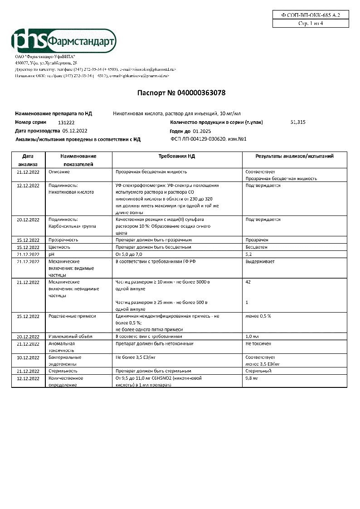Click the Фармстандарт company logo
63,41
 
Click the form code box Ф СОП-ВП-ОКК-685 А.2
311,15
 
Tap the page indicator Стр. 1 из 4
311,24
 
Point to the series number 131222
67,122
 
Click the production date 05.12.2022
75,131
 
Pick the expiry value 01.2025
196,131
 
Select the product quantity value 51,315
298,122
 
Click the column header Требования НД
176,156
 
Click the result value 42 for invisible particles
248,282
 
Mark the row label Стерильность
63,371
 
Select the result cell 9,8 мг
252,378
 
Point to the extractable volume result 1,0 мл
252,337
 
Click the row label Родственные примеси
72,316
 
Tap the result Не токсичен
258,344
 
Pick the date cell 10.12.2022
28,358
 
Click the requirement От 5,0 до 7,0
132,255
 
